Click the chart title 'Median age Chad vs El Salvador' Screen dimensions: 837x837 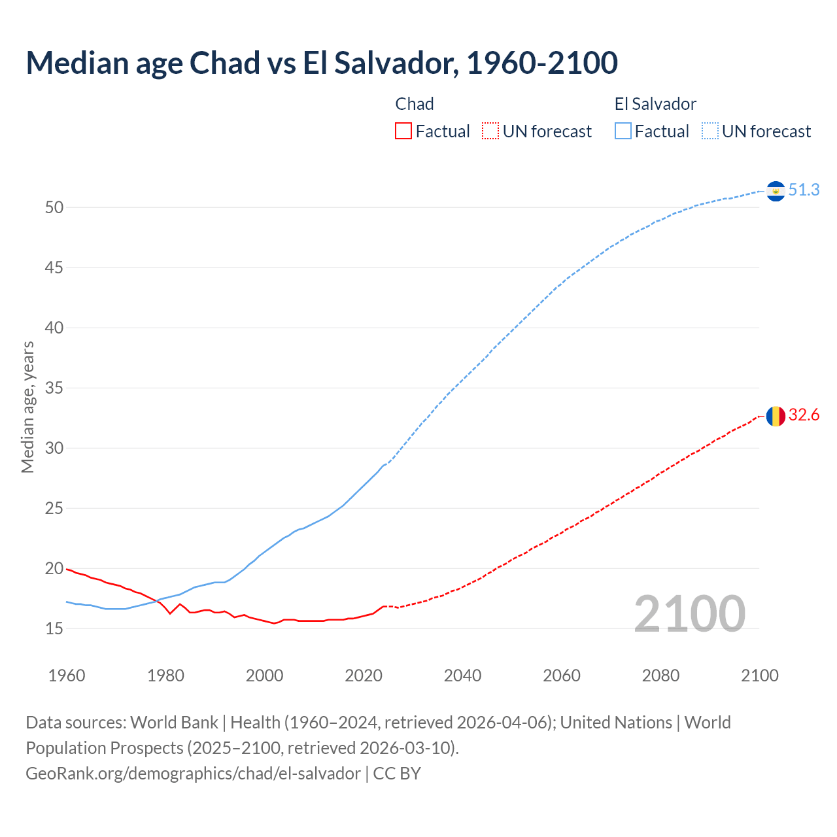321,63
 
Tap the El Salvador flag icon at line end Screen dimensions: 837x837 776,191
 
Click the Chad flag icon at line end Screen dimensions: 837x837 776,416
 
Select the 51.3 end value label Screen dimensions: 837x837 804,190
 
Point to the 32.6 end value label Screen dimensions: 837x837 804,415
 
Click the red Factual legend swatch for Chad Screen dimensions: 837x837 403,131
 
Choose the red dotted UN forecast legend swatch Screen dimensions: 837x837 490,131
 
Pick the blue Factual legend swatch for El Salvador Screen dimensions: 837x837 623,131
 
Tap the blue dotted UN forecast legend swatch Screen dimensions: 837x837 710,131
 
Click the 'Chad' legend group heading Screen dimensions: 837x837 415,104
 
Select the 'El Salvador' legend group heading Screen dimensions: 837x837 655,104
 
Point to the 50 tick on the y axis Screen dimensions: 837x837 54,208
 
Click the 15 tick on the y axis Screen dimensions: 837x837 54,629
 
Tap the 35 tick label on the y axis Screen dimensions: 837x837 54,388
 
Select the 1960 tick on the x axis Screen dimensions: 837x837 67,675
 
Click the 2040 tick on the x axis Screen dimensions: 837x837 462,675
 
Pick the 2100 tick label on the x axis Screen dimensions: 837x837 759,675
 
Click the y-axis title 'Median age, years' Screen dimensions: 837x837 27,407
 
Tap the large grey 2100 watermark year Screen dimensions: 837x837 689,613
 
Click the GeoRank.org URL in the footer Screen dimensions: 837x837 193,774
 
